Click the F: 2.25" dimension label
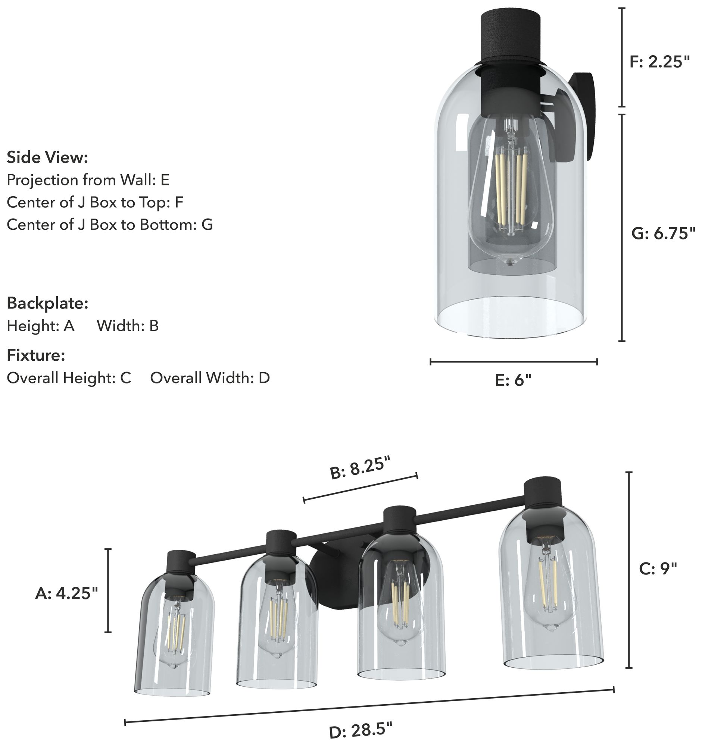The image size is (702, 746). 659,62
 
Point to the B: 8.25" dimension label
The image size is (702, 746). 361,467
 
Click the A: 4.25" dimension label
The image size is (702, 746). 66,594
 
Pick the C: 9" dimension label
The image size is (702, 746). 658,569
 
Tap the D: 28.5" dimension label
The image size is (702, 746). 361,731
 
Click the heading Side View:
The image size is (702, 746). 47,157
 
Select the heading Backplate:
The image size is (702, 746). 47,303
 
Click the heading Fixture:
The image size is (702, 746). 36,355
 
